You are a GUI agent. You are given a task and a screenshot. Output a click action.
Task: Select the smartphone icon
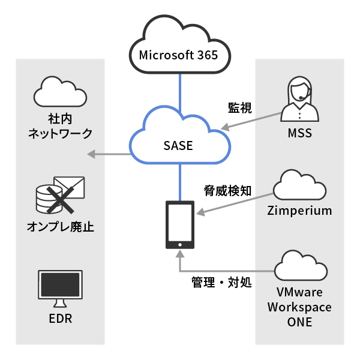tap(179, 225)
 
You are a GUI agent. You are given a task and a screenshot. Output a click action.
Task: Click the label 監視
tap(239, 108)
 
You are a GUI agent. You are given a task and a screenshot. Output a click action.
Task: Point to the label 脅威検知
tap(227, 191)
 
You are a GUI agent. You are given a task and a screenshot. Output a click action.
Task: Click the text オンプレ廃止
tap(60, 227)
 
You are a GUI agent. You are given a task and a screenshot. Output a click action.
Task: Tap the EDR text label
tap(60, 319)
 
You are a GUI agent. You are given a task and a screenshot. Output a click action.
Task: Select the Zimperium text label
tap(299, 211)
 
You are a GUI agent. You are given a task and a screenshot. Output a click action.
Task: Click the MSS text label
tap(299, 133)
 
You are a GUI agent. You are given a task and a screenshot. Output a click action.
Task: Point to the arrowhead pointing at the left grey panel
tap(91, 154)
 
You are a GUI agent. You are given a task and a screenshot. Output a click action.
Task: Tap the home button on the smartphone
tap(179, 244)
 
